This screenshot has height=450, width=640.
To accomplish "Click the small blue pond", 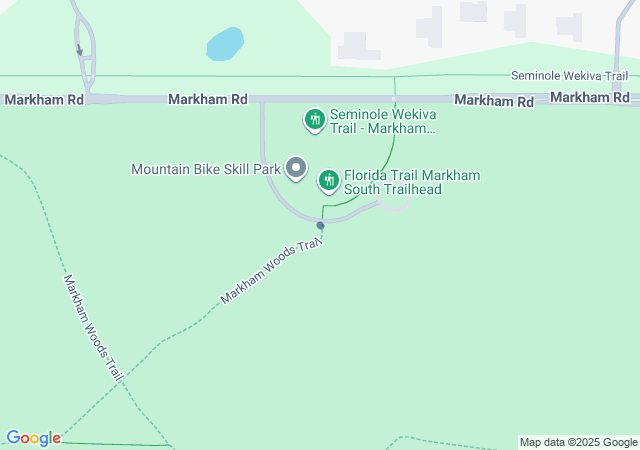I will click(x=225, y=44).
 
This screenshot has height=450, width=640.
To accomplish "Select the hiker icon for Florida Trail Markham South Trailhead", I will click(x=328, y=180).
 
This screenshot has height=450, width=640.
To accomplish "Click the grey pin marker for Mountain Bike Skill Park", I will click(x=296, y=168).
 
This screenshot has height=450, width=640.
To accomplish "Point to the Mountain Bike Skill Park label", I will click(x=206, y=169).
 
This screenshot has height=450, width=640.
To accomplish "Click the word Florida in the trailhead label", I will click(x=364, y=176).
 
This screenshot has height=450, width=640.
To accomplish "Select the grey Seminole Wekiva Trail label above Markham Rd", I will click(x=569, y=76).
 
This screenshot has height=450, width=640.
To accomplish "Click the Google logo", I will click(x=33, y=438).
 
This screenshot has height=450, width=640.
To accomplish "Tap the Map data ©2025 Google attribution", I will click(x=578, y=442).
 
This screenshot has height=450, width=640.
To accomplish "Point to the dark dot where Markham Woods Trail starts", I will click(x=321, y=225).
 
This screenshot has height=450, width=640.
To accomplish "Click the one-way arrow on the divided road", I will click(x=79, y=49).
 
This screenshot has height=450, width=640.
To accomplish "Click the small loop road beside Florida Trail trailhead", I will click(x=395, y=204).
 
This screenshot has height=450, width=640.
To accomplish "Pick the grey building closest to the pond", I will click(x=353, y=46).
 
